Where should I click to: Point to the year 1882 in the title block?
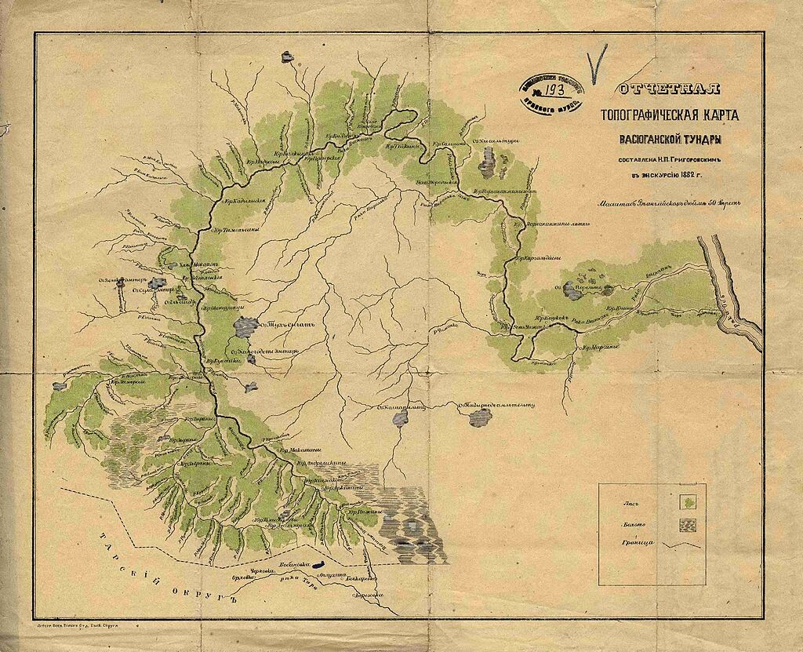pyautogui.click(x=689, y=175)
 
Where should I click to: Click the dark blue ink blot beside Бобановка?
pyautogui.click(x=320, y=564)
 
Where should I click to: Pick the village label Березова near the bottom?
pyautogui.click(x=368, y=596)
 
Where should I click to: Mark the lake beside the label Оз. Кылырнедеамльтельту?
pyautogui.click(x=480, y=417)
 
